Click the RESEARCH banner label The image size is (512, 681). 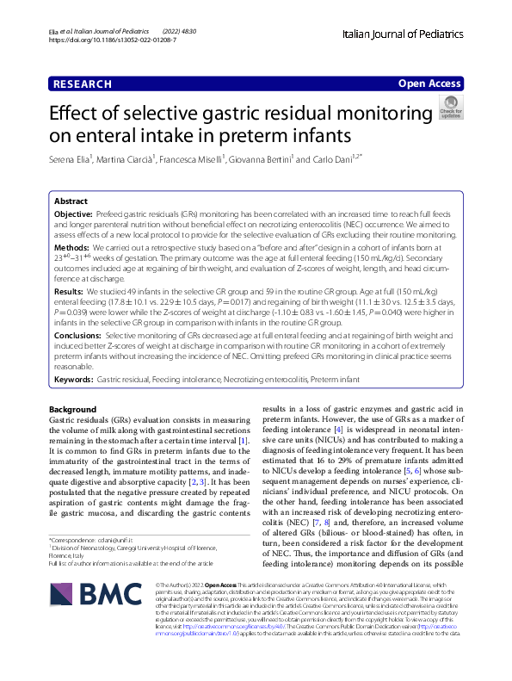[x=82, y=84]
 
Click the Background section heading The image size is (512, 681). [x=73, y=409]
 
